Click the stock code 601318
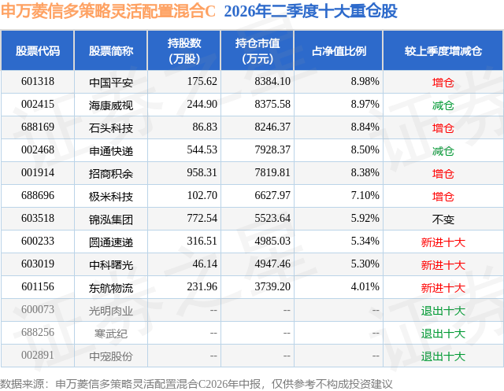tap(38, 82)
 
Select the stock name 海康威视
tap(111, 105)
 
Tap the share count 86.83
tap(205, 127)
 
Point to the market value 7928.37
tap(272, 150)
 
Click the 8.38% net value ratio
tap(365, 173)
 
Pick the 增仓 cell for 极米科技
tap(443, 197)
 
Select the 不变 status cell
tap(443, 219)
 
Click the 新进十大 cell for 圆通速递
tap(443, 242)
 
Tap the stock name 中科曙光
tap(111, 265)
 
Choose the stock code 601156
tap(38, 286)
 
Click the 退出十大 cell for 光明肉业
tap(443, 311)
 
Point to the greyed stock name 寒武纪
tap(111, 334)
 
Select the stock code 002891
tap(38, 355)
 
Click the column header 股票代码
tap(38, 50)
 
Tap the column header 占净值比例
tap(339, 50)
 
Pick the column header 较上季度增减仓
tap(443, 50)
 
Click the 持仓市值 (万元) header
tap(258, 50)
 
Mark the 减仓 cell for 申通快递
tap(443, 151)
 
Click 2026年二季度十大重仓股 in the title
tap(310, 11)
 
